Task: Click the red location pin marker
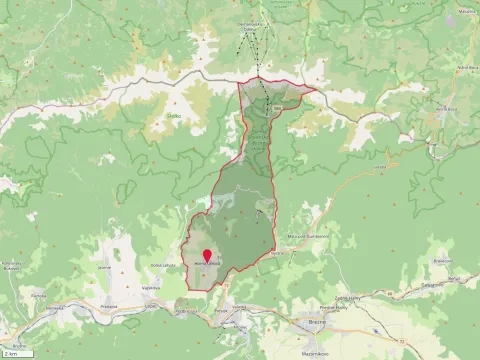(x=207, y=256)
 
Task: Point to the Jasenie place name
(x=105, y=267)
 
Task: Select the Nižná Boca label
(x=441, y=66)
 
